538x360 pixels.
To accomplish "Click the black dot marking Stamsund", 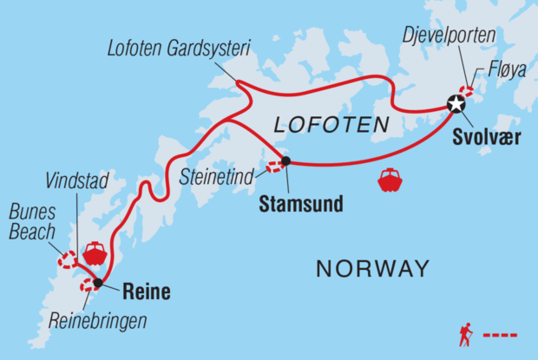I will click(285, 160).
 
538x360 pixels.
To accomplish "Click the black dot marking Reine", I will click(98, 283).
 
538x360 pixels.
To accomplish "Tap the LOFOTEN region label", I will click(331, 127).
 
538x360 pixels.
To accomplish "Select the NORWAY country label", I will click(372, 269).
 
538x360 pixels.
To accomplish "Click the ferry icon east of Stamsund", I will click(390, 180).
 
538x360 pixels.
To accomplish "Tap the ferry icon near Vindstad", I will click(94, 253).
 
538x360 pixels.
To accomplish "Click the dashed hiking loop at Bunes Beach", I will click(67, 259).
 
